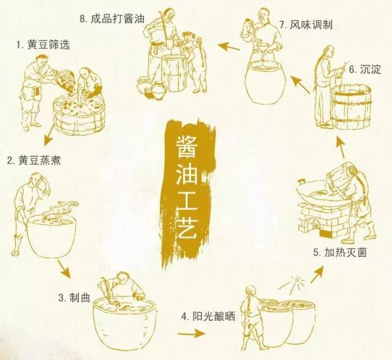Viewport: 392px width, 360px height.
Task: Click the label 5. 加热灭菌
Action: (x=339, y=252)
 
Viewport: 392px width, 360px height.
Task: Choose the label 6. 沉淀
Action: (x=366, y=70)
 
